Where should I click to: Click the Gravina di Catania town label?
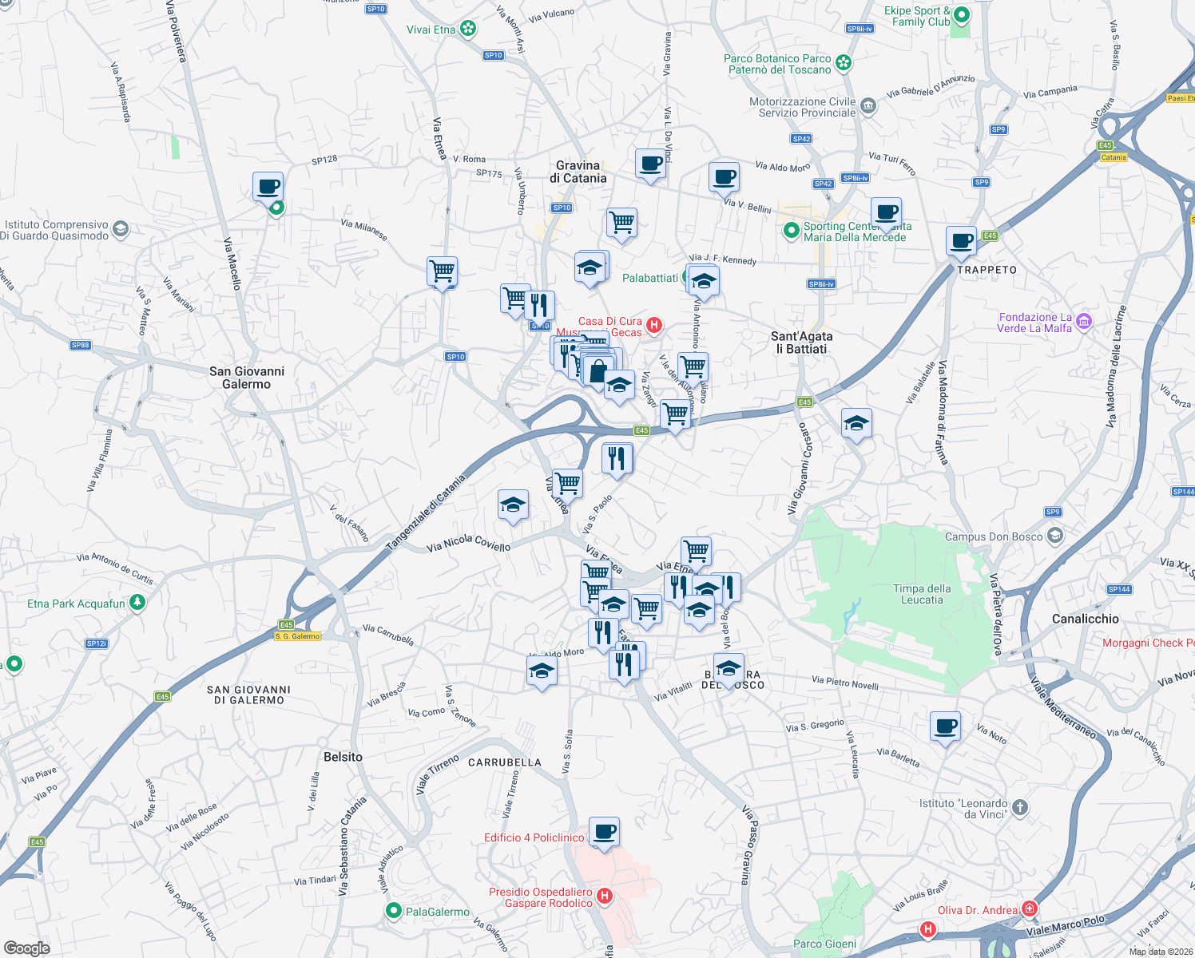click(x=578, y=172)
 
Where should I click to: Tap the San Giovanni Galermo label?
click(x=246, y=378)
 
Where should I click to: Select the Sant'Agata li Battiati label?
click(x=801, y=342)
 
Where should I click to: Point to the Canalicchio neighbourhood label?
click(x=1085, y=619)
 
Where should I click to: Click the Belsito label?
click(x=343, y=757)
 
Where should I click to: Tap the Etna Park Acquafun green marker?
click(x=137, y=603)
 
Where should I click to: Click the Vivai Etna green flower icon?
click(x=468, y=30)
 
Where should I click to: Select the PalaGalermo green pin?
click(x=393, y=911)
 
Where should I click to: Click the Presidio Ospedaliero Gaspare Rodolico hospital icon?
click(x=605, y=897)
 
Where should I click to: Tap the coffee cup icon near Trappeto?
click(x=961, y=240)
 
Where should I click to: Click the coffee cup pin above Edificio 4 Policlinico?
click(x=605, y=831)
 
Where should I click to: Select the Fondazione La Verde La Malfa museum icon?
click(x=1084, y=322)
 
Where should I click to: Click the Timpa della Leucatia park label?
click(x=922, y=594)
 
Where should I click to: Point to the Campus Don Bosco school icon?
click(x=1055, y=536)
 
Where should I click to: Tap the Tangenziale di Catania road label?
click(x=426, y=513)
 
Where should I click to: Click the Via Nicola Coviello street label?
click(x=468, y=544)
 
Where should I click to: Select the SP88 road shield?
click(x=81, y=345)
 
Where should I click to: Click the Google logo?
click(x=27, y=948)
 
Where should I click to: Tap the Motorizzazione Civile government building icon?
click(x=869, y=106)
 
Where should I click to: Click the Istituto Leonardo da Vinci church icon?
click(x=1019, y=809)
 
